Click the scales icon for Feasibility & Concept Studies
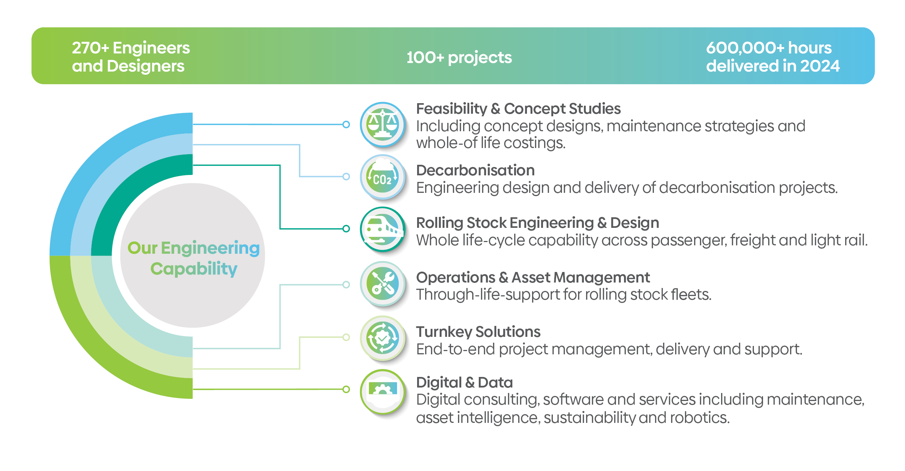click(382, 124)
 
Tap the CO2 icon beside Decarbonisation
click(382, 177)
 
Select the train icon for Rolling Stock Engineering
click(382, 229)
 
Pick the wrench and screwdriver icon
click(382, 284)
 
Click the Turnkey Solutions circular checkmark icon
click(382, 338)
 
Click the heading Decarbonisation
click(475, 170)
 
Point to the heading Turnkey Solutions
click(478, 332)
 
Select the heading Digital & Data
click(464, 382)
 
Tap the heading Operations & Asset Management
click(533, 277)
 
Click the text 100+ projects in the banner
click(459, 58)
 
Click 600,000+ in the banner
click(744, 48)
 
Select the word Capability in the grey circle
click(194, 269)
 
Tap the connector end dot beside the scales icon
click(346, 124)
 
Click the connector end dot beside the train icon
click(346, 229)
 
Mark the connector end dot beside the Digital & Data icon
click(346, 389)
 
